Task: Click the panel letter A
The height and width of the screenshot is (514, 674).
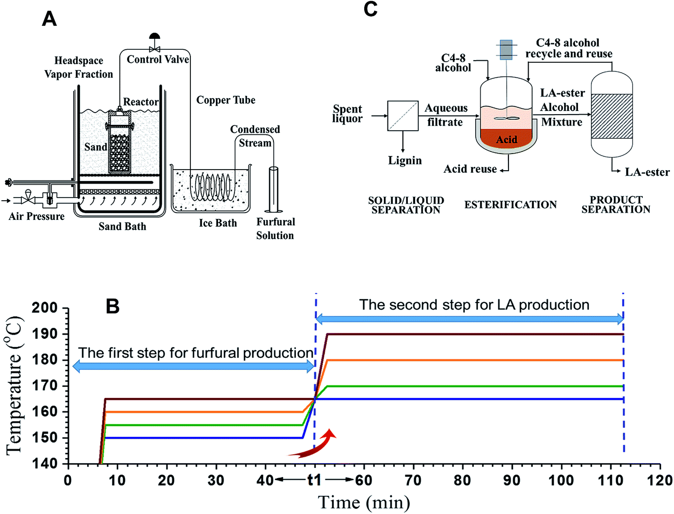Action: point(49,19)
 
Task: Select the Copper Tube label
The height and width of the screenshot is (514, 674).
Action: point(226,100)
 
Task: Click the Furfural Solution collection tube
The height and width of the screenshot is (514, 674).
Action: point(273,189)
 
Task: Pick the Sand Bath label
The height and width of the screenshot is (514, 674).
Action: point(122,227)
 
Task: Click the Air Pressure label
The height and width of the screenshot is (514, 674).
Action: point(36,216)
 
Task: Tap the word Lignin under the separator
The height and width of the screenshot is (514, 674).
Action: point(405,161)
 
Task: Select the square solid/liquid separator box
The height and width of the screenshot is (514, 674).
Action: point(403,116)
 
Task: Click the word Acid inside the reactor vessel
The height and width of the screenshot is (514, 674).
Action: point(506,140)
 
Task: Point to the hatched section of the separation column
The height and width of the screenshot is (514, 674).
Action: point(612,116)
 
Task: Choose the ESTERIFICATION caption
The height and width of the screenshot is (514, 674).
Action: point(510,205)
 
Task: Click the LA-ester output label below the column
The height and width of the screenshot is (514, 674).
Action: point(647,172)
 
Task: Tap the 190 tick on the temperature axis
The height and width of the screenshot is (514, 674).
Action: point(45,334)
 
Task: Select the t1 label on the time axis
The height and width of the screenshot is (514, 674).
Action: point(314,480)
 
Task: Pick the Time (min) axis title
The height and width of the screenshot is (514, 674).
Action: point(364,502)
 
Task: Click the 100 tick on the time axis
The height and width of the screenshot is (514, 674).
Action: point(561,480)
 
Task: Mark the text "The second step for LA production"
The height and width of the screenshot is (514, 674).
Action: point(474,305)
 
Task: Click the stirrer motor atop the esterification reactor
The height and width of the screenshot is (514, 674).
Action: point(506,50)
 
